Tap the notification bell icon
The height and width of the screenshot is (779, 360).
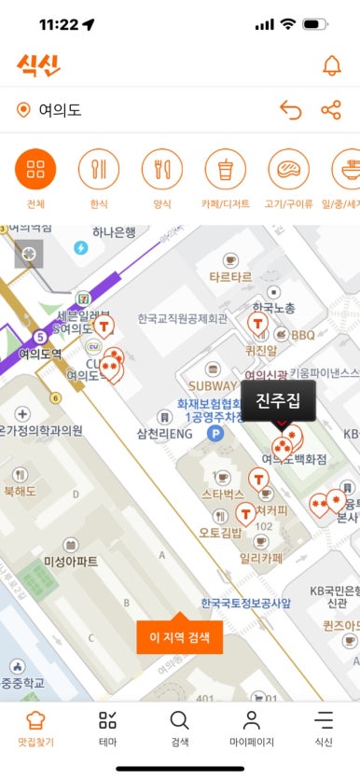point(331,65)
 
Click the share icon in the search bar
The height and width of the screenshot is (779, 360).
point(331,111)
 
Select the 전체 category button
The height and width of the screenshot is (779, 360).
point(35,169)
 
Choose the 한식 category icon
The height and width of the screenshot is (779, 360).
point(99,169)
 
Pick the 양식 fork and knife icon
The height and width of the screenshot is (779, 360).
point(162,169)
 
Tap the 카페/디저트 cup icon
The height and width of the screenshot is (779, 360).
point(226,169)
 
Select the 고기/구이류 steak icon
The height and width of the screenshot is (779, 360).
point(289,169)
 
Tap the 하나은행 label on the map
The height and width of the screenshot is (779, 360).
point(114,232)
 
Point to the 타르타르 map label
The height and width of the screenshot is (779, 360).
point(230,277)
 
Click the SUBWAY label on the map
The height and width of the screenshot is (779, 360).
point(213,384)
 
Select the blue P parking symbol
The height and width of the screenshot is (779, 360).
point(215,434)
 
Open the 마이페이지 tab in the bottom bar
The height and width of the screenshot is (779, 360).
point(251,728)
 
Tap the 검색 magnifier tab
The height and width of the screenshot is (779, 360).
point(179,728)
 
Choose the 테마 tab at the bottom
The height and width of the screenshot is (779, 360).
point(107,728)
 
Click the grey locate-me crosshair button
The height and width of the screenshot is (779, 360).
point(29,253)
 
